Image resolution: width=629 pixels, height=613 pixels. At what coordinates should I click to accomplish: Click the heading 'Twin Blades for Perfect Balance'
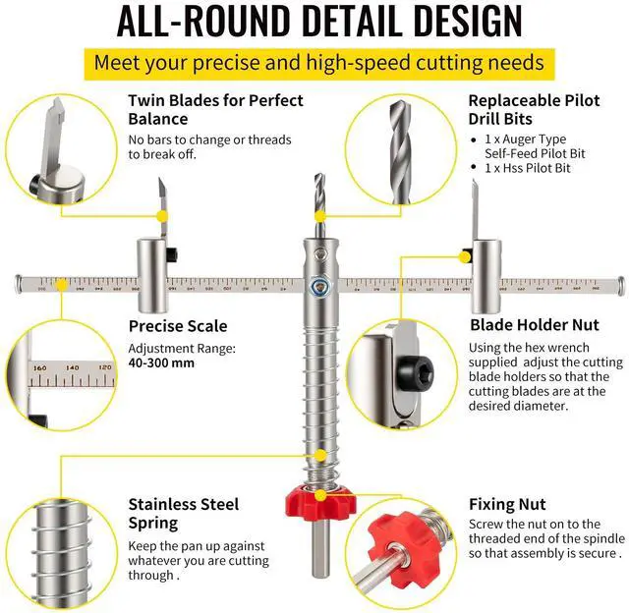(215, 109)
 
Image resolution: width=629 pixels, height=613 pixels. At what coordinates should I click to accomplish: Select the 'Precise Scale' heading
(178, 326)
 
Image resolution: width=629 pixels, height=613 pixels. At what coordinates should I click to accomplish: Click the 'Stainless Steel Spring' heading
(183, 514)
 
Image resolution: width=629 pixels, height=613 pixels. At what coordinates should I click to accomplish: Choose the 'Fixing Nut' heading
(507, 504)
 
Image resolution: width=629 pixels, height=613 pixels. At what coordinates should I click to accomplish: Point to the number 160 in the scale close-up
(40, 367)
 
